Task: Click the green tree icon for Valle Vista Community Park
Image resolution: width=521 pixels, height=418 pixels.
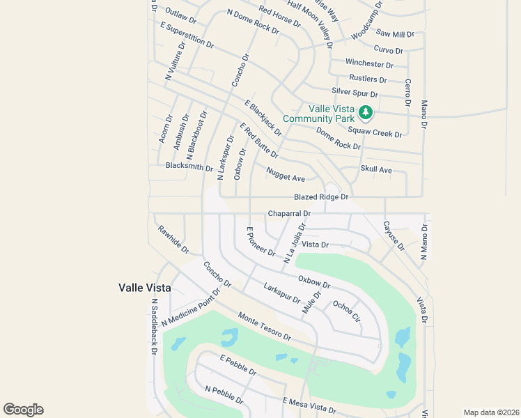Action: point(364,112)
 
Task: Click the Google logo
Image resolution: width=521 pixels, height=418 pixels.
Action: point(23,410)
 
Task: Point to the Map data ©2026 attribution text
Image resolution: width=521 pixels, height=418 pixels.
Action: point(490,412)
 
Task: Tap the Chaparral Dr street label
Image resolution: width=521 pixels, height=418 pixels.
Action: point(288,213)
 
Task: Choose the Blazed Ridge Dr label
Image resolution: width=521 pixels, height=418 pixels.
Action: point(320,197)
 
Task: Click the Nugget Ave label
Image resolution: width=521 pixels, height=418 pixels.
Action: point(286,174)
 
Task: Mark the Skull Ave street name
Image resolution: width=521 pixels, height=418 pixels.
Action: point(376,169)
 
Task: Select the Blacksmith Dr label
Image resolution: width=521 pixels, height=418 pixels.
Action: point(189,167)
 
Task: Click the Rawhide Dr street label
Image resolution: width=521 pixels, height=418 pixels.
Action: point(173,239)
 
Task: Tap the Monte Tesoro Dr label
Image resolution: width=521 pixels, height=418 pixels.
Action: point(264,326)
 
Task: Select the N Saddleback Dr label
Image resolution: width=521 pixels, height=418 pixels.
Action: point(155,327)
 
